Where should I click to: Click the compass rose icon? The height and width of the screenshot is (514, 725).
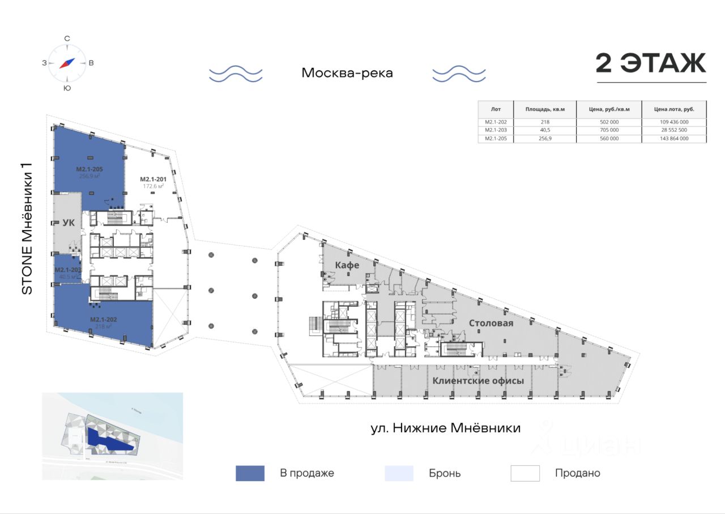pyautogui.click(x=67, y=63)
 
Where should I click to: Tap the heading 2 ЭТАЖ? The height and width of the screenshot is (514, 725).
pyautogui.click(x=651, y=63)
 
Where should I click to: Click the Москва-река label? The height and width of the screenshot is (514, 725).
pyautogui.click(x=347, y=73)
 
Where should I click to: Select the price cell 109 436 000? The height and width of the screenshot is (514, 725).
pyautogui.click(x=673, y=122)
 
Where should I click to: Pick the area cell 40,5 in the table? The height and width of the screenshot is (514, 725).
pyautogui.click(x=544, y=130)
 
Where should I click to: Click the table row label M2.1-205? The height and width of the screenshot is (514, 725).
pyautogui.click(x=495, y=138)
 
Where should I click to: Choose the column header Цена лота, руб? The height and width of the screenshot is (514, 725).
pyautogui.click(x=673, y=109)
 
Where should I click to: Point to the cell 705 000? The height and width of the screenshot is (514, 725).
pyautogui.click(x=608, y=130)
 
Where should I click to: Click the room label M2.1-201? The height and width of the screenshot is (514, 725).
pyautogui.click(x=152, y=179)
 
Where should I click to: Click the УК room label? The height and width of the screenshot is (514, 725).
pyautogui.click(x=68, y=223)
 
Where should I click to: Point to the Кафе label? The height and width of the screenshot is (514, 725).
pyautogui.click(x=347, y=265)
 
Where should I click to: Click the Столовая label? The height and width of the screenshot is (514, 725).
pyautogui.click(x=491, y=323)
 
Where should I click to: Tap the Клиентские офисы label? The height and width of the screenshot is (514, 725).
pyautogui.click(x=478, y=381)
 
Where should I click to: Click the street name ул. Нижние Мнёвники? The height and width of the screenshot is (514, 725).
pyautogui.click(x=445, y=428)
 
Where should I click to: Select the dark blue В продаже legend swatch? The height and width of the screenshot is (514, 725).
pyautogui.click(x=250, y=473)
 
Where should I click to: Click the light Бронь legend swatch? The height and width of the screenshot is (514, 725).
pyautogui.click(x=399, y=473)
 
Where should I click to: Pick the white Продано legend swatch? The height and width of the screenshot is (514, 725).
pyautogui.click(x=525, y=473)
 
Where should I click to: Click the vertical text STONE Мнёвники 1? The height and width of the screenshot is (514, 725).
pyautogui.click(x=27, y=229)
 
